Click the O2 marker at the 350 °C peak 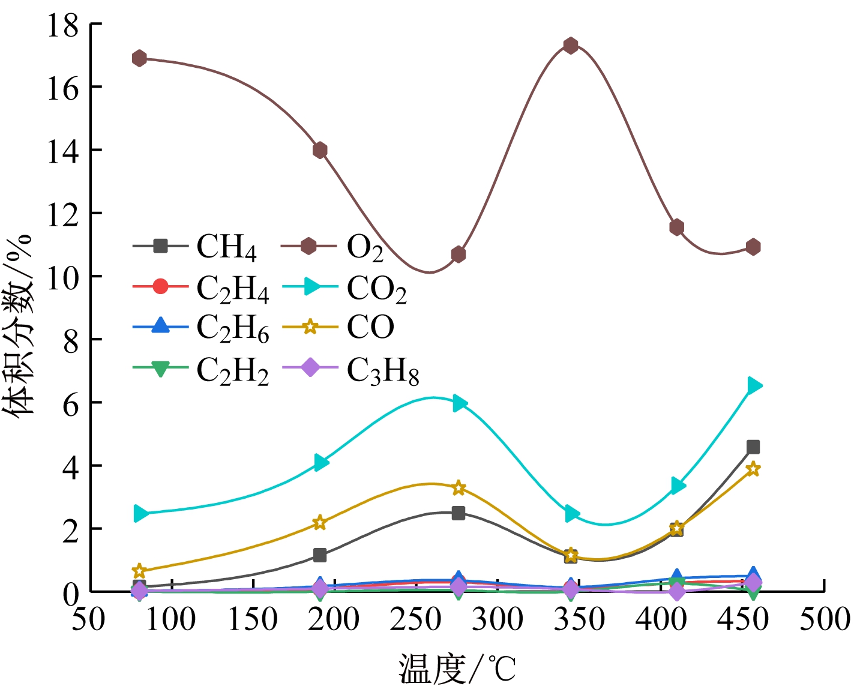point(570,46)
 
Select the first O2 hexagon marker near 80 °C point(139,58)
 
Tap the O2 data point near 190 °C point(320,150)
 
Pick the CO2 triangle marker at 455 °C point(754,385)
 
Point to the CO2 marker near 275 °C point(460,403)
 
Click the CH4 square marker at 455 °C point(753,447)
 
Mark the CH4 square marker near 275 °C point(459,513)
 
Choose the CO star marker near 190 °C point(320,523)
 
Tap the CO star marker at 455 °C point(753,469)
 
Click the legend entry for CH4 point(226,247)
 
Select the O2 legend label point(365,247)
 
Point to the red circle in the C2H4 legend point(160,287)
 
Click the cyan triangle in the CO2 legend point(311,287)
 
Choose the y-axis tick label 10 point(62,277)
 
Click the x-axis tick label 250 point(415,619)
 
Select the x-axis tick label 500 point(825,619)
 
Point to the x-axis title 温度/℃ point(457,668)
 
